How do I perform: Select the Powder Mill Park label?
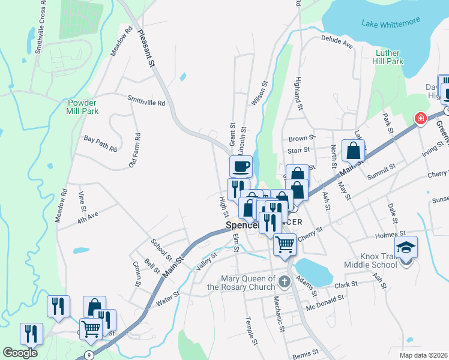tap(82, 107)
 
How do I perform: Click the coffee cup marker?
tap(241, 166)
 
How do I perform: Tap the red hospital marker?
tap(420, 118)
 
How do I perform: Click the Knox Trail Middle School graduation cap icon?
tap(406, 246)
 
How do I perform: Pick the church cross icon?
tap(285, 280)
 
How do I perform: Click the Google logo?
tap(20, 353)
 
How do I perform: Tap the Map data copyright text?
tap(423, 355)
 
